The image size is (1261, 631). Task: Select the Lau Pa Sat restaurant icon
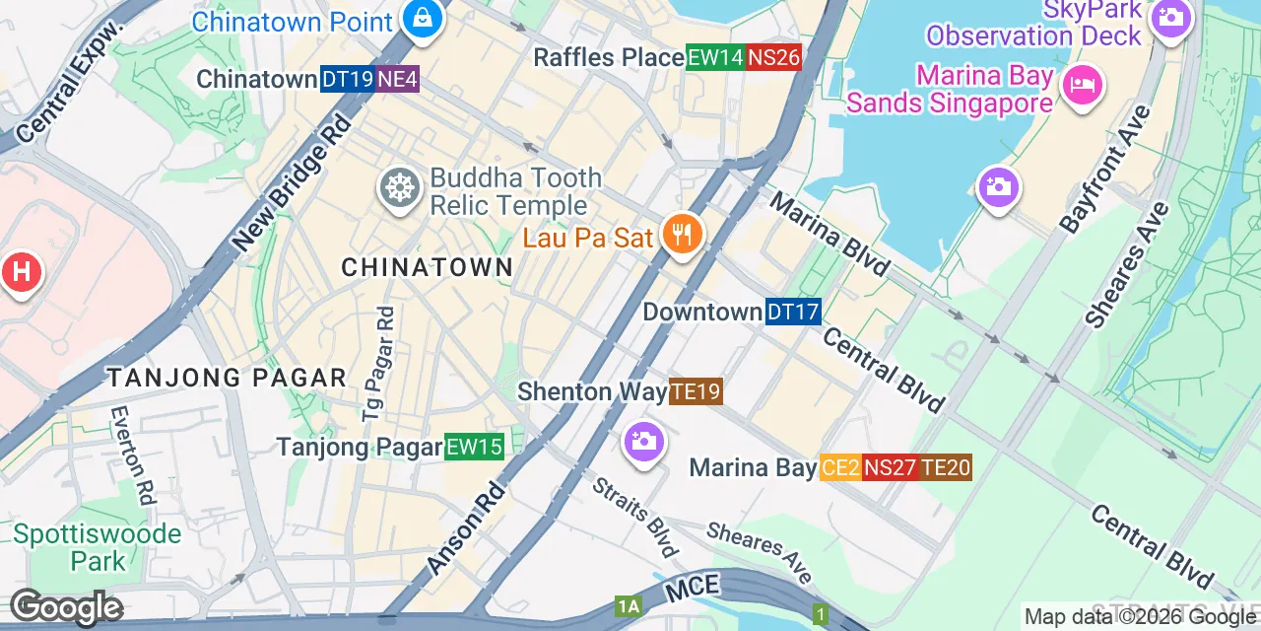681,236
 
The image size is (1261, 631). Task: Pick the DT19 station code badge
347,80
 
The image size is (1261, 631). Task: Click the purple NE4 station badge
397,80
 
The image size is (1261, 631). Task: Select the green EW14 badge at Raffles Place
715,58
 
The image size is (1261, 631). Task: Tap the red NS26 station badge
773,58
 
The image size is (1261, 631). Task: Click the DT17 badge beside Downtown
793,313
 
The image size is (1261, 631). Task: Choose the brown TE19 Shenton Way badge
696,391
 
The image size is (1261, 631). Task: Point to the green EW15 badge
474,448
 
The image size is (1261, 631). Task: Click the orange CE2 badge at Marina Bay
840,467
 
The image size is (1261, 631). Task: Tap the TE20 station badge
946,467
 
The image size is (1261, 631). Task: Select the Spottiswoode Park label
98,548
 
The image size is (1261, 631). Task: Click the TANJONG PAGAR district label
227,378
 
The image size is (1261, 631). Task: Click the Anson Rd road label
467,528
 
